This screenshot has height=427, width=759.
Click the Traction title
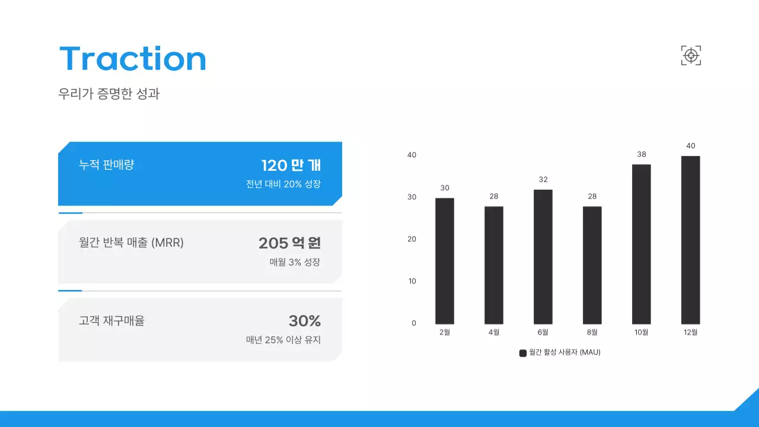pyautogui.click(x=133, y=59)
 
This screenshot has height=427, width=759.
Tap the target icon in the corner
pyautogui.click(x=691, y=55)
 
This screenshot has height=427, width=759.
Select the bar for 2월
pyautogui.click(x=445, y=261)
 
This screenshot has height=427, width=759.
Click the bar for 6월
pyautogui.click(x=543, y=257)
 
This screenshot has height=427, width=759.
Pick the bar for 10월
pyautogui.click(x=642, y=244)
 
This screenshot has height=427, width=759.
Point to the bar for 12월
pyautogui.click(x=690, y=240)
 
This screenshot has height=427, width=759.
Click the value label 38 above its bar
pyautogui.click(x=642, y=154)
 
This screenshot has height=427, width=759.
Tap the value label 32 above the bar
pyautogui.click(x=543, y=179)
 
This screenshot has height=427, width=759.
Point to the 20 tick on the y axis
pyautogui.click(x=412, y=239)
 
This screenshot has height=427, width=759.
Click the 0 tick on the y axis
pyautogui.click(x=414, y=323)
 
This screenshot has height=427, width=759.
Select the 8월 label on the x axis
pyautogui.click(x=592, y=332)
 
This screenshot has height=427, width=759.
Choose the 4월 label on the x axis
pyautogui.click(x=494, y=332)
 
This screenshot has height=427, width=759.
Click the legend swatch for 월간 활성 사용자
pyautogui.click(x=523, y=353)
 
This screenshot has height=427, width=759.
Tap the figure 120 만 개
pyautogui.click(x=291, y=165)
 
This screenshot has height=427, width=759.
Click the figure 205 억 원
pyautogui.click(x=289, y=243)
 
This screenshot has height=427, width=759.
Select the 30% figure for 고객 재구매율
pyautogui.click(x=305, y=321)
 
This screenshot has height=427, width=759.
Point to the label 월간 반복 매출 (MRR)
pyautogui.click(x=131, y=243)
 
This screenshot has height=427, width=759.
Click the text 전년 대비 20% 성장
pyautogui.click(x=283, y=184)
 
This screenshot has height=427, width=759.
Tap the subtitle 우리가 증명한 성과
pyautogui.click(x=109, y=94)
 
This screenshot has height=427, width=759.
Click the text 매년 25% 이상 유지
pyautogui.click(x=283, y=340)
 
